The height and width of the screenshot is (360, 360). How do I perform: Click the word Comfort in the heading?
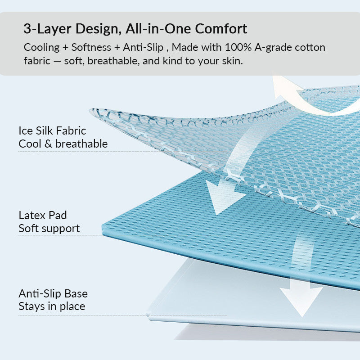point(221,29)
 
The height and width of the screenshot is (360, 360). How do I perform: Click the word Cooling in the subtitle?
point(41,48)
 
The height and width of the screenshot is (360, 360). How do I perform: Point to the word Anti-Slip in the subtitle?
point(143,47)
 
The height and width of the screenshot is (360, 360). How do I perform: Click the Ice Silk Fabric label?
point(52,131)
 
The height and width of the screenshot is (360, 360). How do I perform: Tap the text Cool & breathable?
point(63,144)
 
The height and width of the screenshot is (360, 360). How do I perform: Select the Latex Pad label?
point(43,216)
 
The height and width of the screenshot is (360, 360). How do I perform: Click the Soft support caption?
point(49,229)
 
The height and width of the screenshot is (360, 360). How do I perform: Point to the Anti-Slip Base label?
point(53,294)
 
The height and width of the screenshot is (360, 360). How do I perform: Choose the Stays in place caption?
point(52,306)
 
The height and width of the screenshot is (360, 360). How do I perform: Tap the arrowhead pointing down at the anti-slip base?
point(301,300)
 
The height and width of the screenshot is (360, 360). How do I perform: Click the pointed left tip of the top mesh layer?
point(90,111)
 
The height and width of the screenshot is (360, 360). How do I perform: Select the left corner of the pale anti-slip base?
point(148,314)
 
